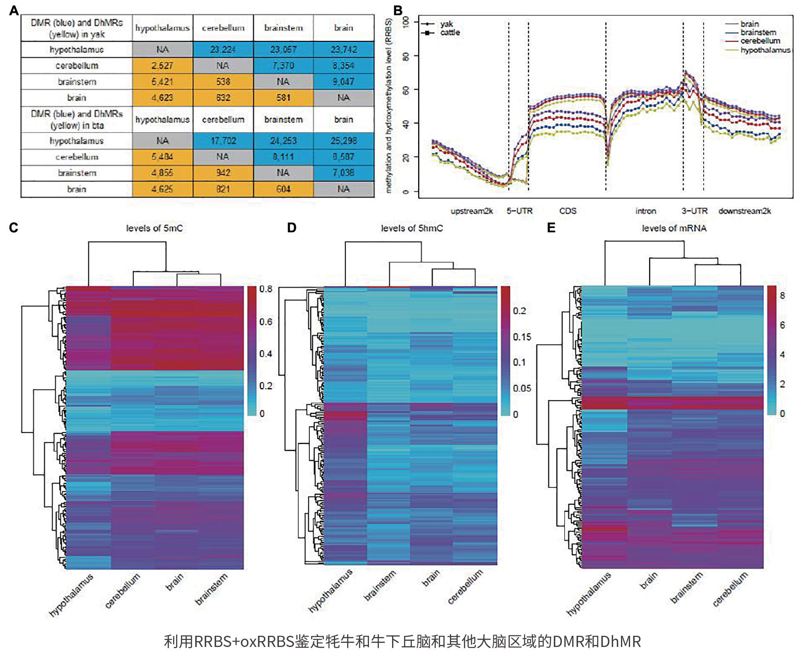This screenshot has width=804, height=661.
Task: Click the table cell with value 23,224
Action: [x=223, y=50]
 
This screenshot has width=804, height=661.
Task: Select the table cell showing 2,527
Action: [x=162, y=66]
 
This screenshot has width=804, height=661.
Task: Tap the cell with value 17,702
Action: [x=223, y=141]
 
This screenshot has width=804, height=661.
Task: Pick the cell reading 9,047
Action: [x=343, y=82]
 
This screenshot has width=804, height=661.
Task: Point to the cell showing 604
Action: [x=283, y=189]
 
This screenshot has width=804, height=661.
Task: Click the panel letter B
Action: [x=398, y=11]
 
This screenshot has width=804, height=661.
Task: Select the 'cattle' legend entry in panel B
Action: [x=450, y=33]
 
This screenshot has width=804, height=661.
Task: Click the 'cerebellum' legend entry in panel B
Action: [x=760, y=41]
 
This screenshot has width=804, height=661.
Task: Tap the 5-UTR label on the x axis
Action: [x=519, y=211]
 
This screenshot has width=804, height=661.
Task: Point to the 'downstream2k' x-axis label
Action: [x=745, y=211]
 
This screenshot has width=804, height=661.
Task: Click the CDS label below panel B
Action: [x=568, y=211]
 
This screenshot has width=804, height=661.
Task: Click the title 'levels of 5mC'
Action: [x=154, y=228]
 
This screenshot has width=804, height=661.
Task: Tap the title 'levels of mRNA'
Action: [x=674, y=228]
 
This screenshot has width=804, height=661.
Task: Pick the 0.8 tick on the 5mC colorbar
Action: [x=266, y=289]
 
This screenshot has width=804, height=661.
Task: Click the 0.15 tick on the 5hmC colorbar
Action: [x=522, y=337]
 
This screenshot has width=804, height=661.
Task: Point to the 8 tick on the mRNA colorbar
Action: [x=782, y=295]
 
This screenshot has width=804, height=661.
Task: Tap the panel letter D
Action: [x=292, y=228]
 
